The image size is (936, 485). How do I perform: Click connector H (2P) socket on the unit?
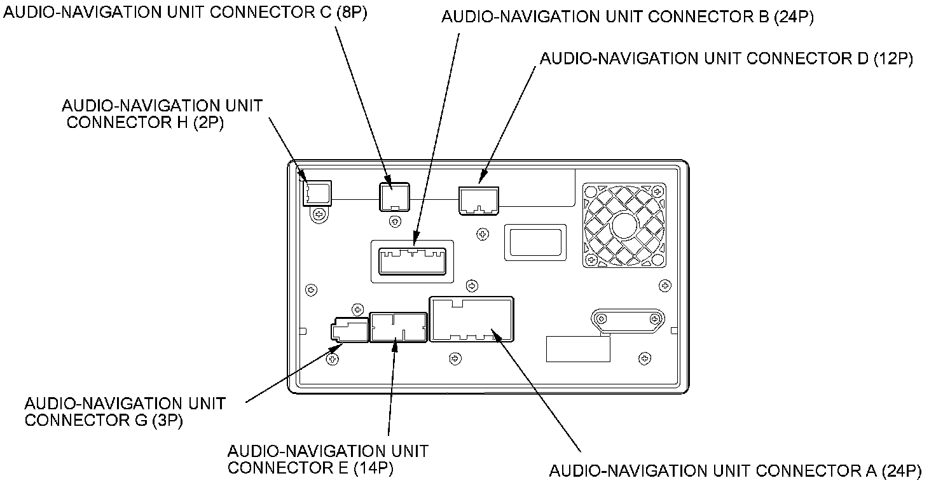point(316,192)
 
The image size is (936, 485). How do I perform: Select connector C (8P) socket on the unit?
point(394,195)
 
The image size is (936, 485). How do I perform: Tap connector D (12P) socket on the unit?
point(479,199)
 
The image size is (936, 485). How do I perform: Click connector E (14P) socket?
point(397,327)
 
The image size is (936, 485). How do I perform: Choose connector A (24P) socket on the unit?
point(472,318)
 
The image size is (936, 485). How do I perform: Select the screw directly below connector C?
point(396,221)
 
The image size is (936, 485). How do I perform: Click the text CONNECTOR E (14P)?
point(310,468)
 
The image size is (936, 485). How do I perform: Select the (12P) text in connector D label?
point(893,59)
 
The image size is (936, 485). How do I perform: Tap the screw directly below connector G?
point(331,360)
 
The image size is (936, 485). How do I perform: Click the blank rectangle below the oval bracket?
point(578,348)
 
